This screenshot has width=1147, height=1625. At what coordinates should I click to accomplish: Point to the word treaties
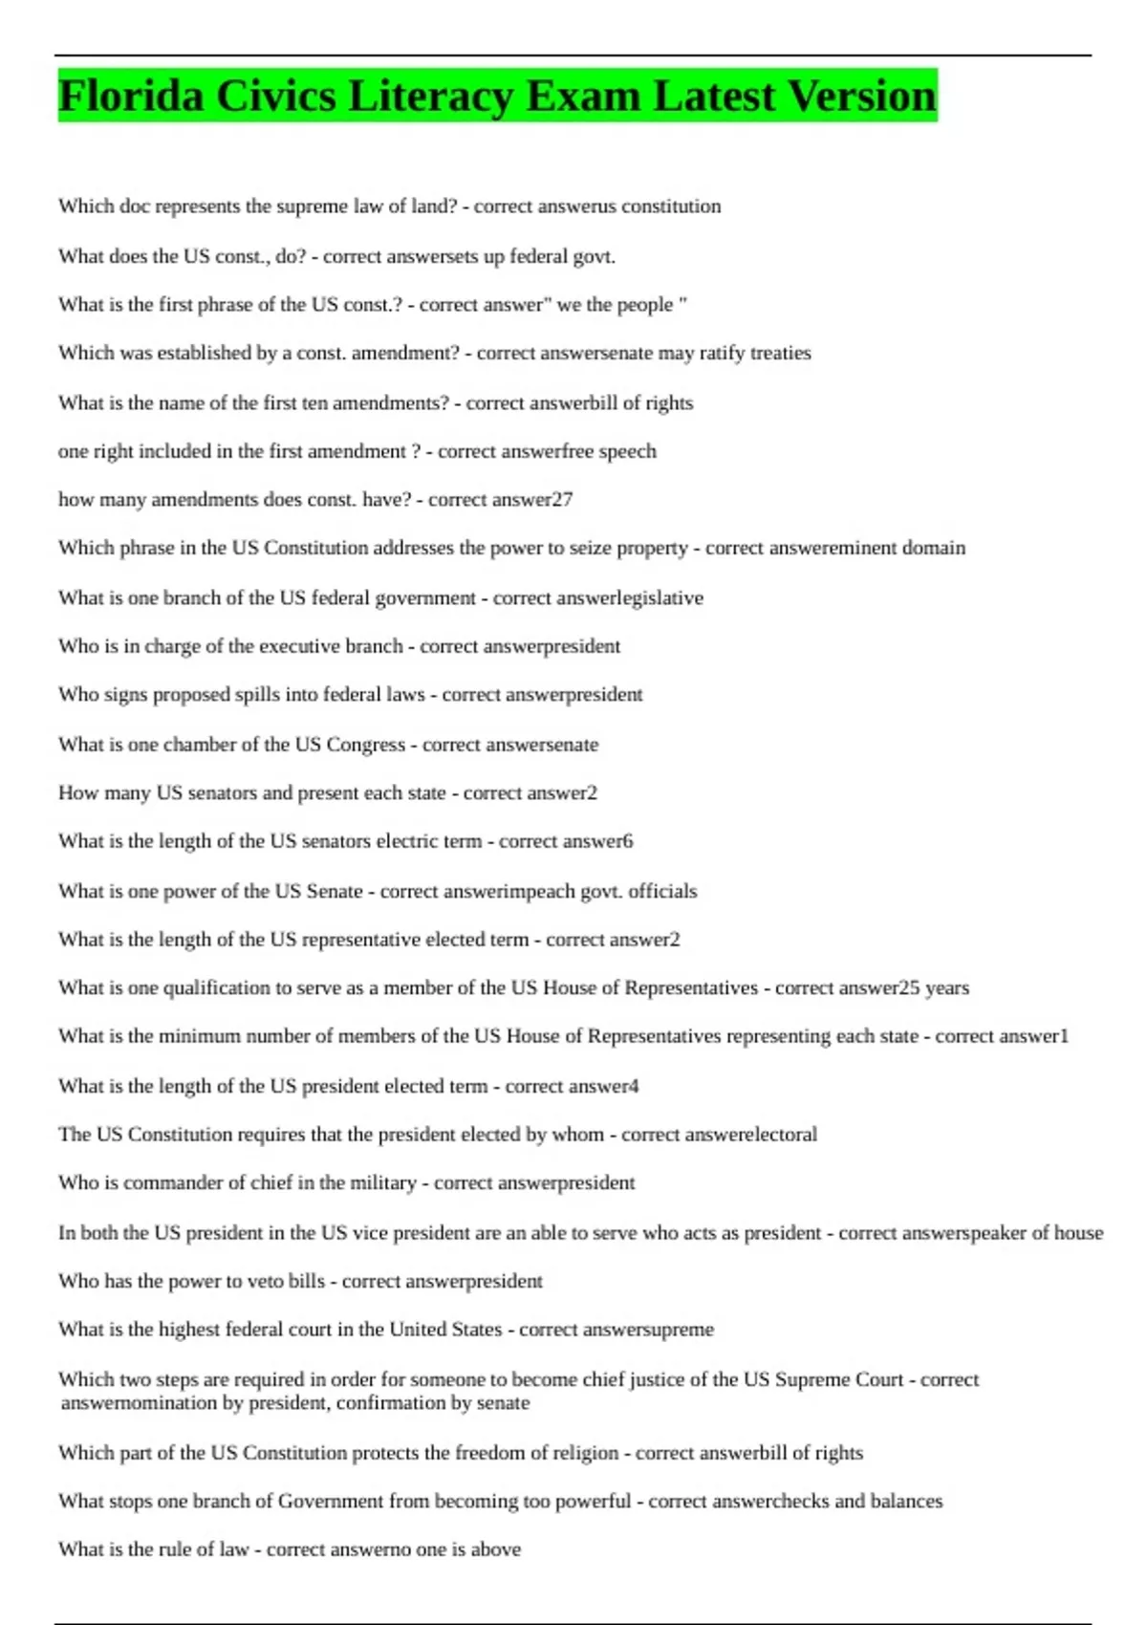pyautogui.click(x=781, y=353)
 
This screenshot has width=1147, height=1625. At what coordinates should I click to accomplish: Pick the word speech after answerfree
pyautogui.click(x=627, y=451)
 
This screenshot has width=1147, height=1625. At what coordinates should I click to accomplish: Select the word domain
pyautogui.click(x=938, y=548)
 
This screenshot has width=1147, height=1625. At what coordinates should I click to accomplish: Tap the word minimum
pyautogui.click(x=200, y=1036)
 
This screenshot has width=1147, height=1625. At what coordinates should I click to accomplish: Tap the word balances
pyautogui.click(x=906, y=1501)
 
